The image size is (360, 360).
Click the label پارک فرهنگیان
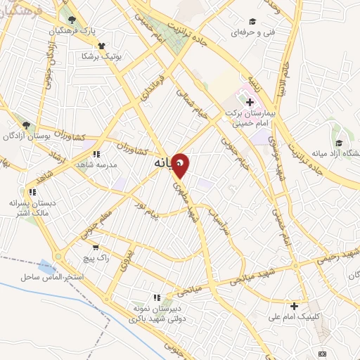(72, 32)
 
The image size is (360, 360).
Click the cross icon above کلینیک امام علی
(294, 305)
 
